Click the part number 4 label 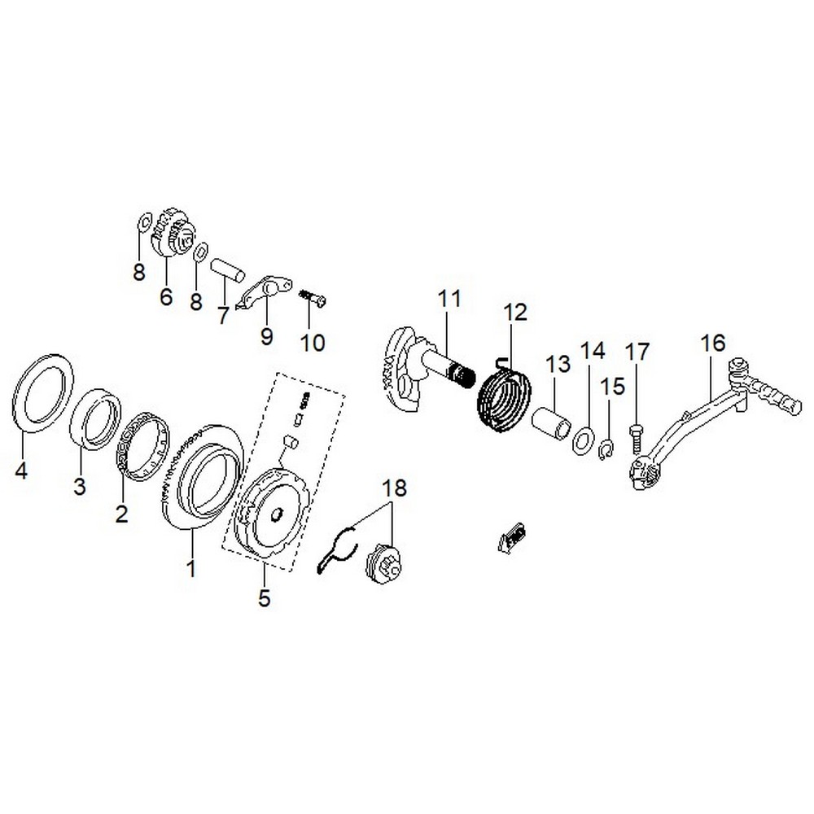[x=22, y=471]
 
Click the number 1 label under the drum [x=190, y=567]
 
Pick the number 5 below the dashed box [x=264, y=598]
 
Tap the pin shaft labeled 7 [x=228, y=269]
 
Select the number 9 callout [x=267, y=336]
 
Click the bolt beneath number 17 [x=637, y=437]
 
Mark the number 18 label [x=394, y=488]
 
